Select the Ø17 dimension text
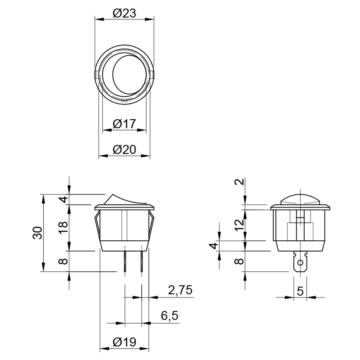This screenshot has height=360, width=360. (124, 124)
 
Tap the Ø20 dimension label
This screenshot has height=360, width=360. (124, 150)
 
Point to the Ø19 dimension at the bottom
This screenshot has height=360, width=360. (124, 342)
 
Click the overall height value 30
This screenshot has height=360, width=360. (38, 233)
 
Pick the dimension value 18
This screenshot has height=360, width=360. (63, 227)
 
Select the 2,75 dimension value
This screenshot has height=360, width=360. (180, 290)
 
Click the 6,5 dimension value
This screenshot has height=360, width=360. (170, 316)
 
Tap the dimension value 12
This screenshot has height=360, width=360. (240, 225)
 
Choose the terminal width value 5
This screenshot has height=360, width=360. (300, 292)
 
